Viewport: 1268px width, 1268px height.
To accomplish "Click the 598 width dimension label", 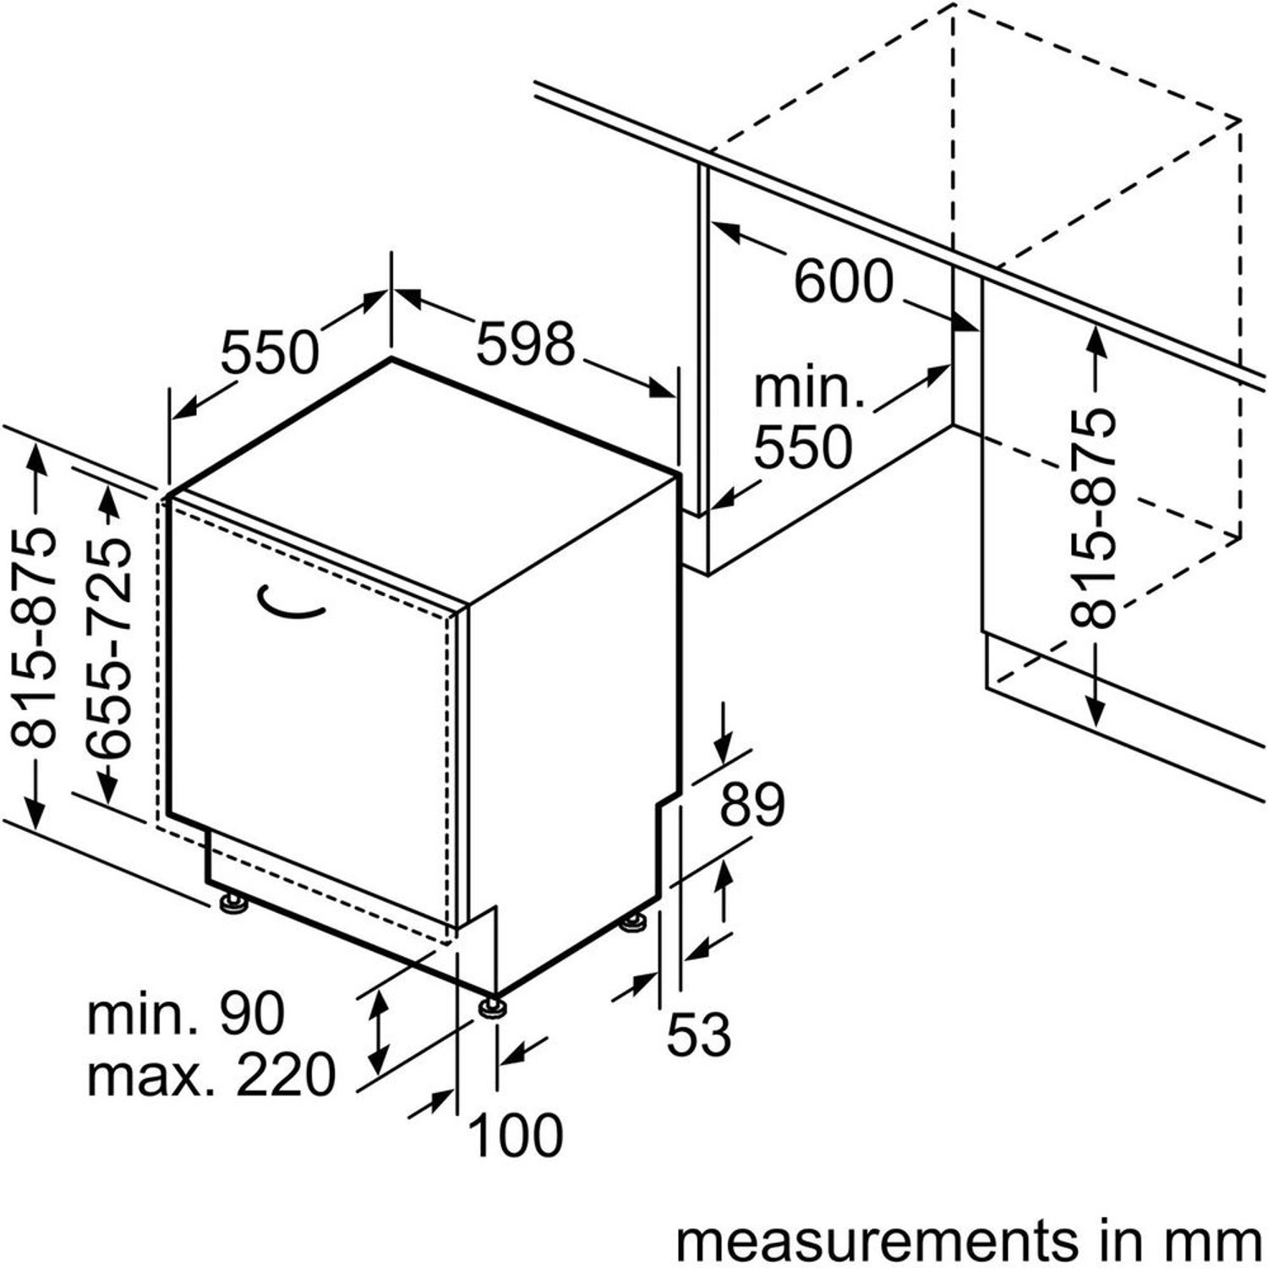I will click(525, 344).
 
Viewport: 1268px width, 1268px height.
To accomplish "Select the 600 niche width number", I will click(843, 281).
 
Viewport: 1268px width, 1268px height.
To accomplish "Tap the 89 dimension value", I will click(752, 806).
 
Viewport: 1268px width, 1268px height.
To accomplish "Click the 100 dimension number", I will click(515, 1134).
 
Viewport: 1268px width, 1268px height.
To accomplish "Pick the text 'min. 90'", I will click(186, 1013).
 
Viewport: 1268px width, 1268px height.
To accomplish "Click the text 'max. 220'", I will click(211, 1075).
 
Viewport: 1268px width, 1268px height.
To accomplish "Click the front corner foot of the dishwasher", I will click(492, 1007).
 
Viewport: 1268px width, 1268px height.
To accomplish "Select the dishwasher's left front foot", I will click(230, 904).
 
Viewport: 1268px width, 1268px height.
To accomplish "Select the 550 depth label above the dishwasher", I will click(270, 353).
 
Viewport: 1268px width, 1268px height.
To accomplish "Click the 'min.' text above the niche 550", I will click(807, 389).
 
